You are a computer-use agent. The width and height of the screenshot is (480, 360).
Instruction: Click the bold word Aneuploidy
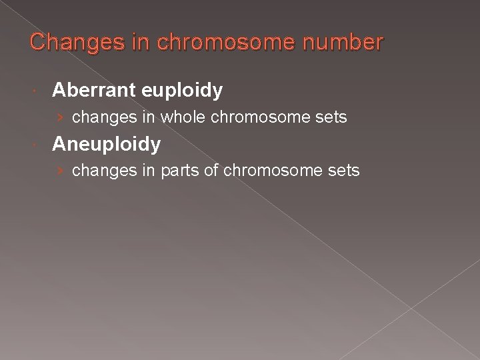(106, 143)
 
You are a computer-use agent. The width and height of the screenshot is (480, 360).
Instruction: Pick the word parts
(180, 171)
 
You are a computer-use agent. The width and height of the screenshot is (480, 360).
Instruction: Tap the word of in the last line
(211, 171)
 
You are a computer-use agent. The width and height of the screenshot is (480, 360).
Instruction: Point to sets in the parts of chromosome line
(343, 171)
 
